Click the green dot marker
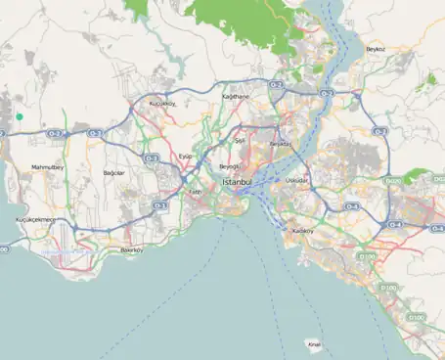click(19, 116)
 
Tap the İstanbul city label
click(238, 183)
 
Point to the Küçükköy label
click(161, 103)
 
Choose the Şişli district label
click(238, 141)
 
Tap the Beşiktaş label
click(281, 144)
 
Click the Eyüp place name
click(186, 156)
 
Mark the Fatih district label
click(195, 192)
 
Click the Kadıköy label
click(303, 231)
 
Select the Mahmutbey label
click(47, 167)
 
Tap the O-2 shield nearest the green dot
click(56, 133)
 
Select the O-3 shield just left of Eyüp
click(151, 157)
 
